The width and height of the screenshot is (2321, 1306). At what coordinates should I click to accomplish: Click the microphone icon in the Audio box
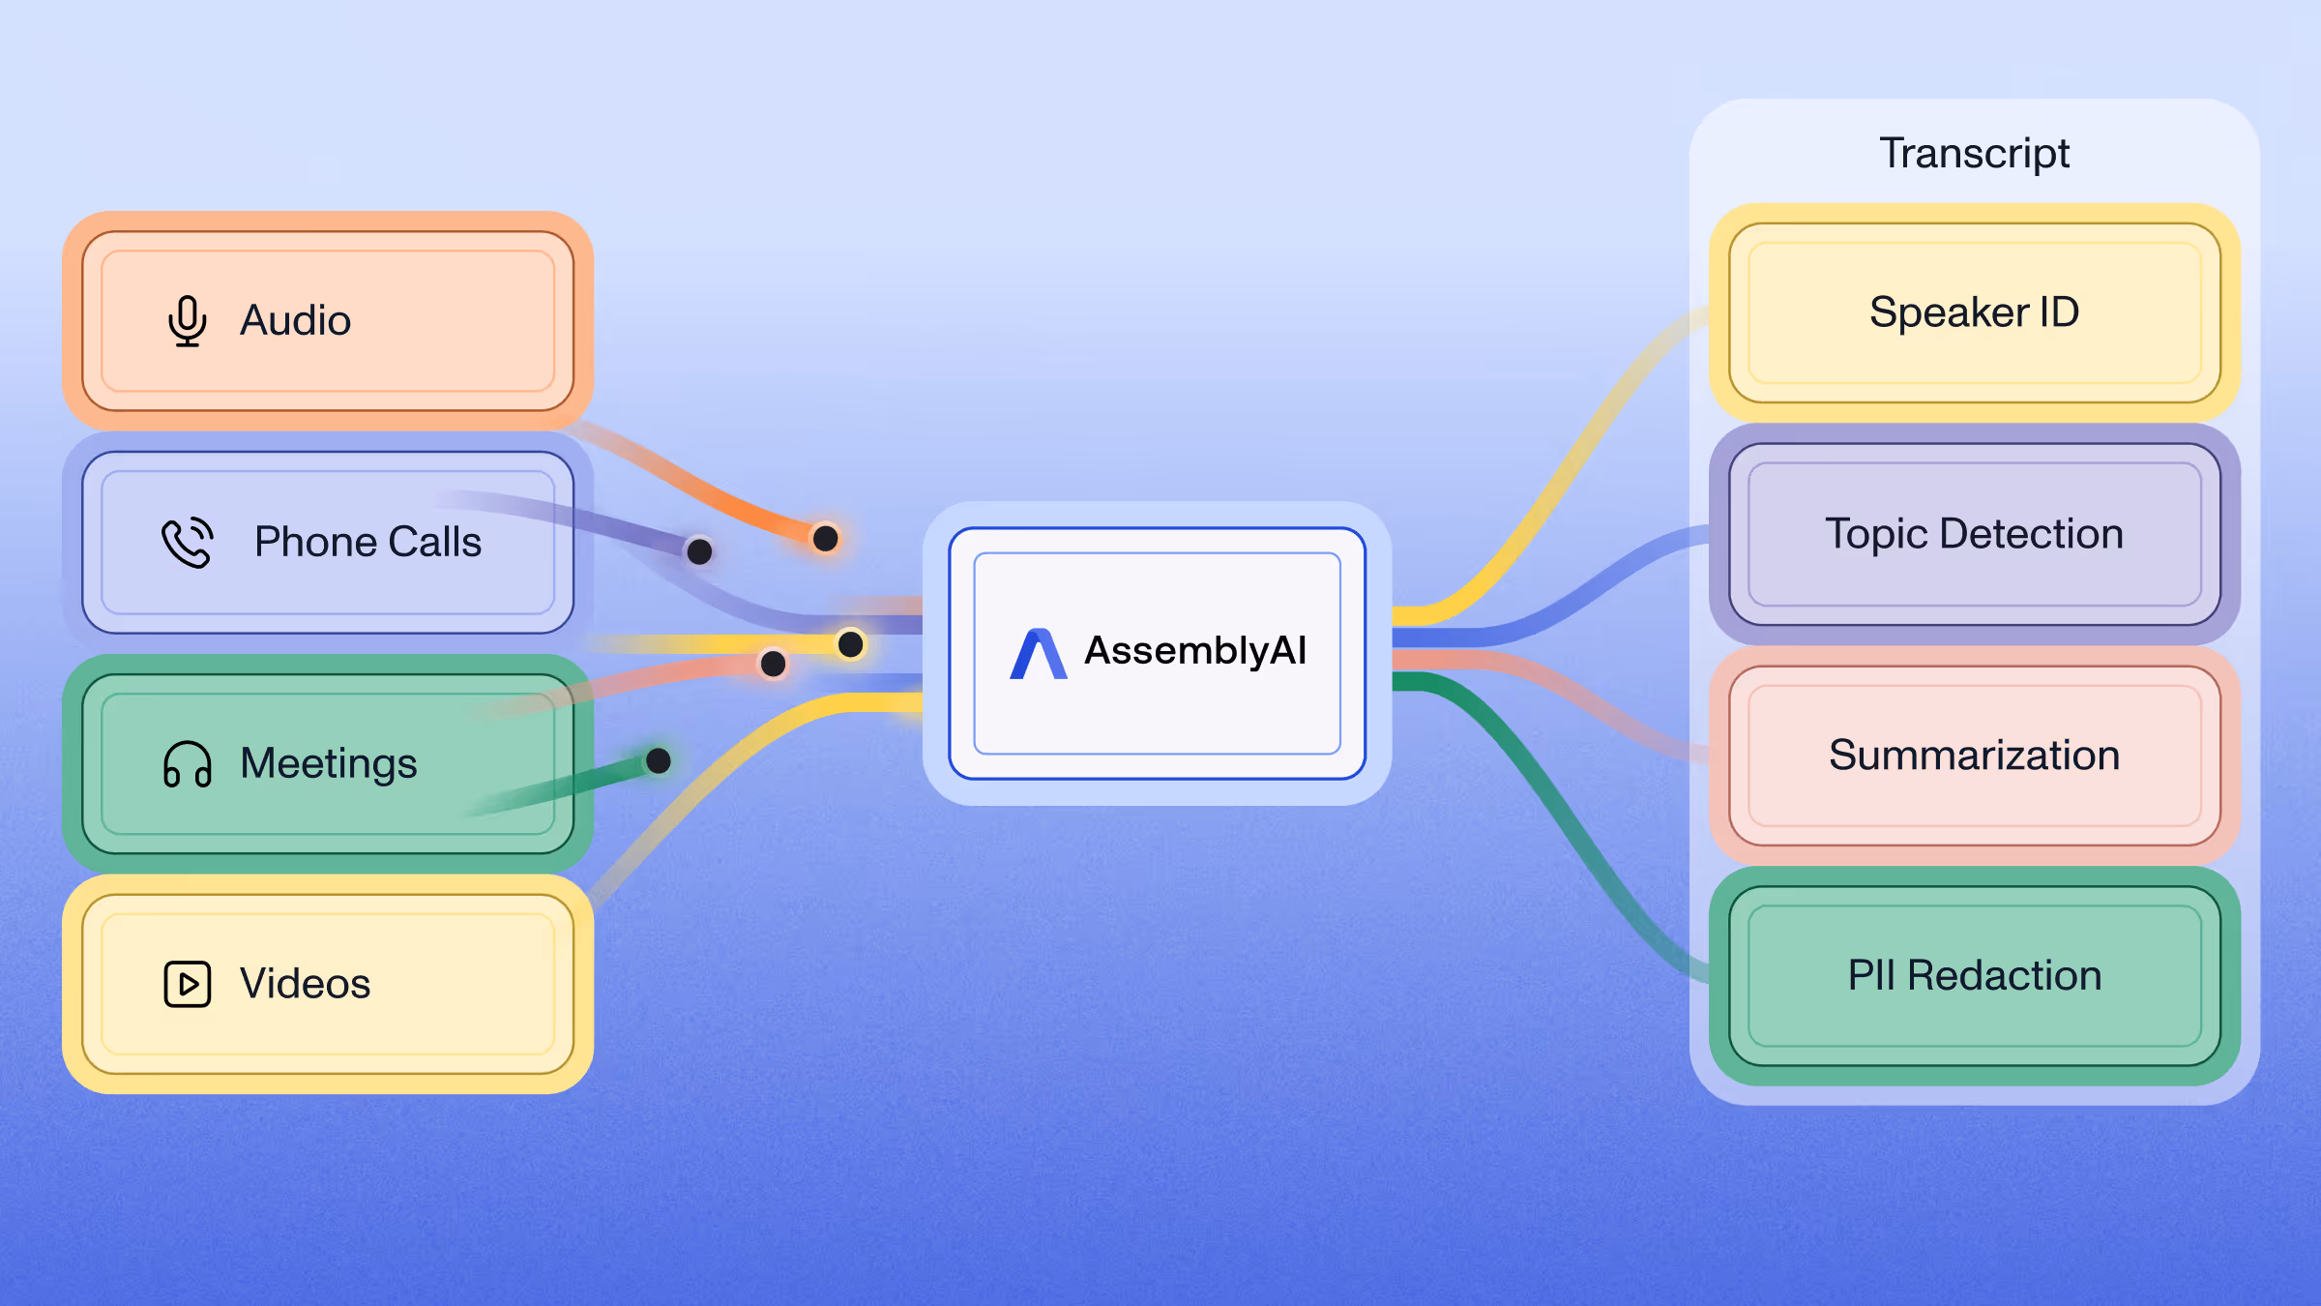pyautogui.click(x=187, y=320)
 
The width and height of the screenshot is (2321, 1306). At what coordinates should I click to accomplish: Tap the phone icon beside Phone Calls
pyautogui.click(x=187, y=542)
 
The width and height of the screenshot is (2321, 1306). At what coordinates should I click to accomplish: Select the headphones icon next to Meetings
pyautogui.click(x=187, y=764)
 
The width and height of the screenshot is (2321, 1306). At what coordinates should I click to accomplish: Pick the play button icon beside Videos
pyautogui.click(x=187, y=984)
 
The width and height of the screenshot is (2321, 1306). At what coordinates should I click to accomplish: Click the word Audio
pyautogui.click(x=295, y=320)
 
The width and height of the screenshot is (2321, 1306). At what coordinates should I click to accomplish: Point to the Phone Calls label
pyautogui.click(x=367, y=542)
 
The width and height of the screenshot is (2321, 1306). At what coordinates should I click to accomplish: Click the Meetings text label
pyautogui.click(x=329, y=763)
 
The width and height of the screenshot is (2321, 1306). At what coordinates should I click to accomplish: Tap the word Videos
pyautogui.click(x=305, y=984)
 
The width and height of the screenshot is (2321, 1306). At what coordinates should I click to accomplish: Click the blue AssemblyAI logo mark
pyautogui.click(x=1038, y=654)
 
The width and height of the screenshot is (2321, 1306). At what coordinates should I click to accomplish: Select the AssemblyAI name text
pyautogui.click(x=1195, y=650)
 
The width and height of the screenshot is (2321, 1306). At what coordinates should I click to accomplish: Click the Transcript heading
pyautogui.click(x=1974, y=153)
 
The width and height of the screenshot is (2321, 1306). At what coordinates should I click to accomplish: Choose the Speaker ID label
pyautogui.click(x=1974, y=312)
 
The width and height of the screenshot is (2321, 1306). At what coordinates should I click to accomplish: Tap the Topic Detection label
pyautogui.click(x=1974, y=534)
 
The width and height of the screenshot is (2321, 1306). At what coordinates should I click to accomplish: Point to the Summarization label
pyautogui.click(x=1974, y=755)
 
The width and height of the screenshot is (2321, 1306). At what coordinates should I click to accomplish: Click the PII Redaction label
pyautogui.click(x=1974, y=975)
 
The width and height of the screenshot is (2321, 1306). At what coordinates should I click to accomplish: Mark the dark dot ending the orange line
pyautogui.click(x=825, y=538)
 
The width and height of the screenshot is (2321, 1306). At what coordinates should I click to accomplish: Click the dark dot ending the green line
pyautogui.click(x=659, y=760)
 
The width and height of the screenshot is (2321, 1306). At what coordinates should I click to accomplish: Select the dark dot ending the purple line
pyautogui.click(x=699, y=551)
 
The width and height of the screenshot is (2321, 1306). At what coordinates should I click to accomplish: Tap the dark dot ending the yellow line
pyautogui.click(x=851, y=643)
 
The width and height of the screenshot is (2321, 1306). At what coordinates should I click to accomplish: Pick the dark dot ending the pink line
pyautogui.click(x=773, y=663)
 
